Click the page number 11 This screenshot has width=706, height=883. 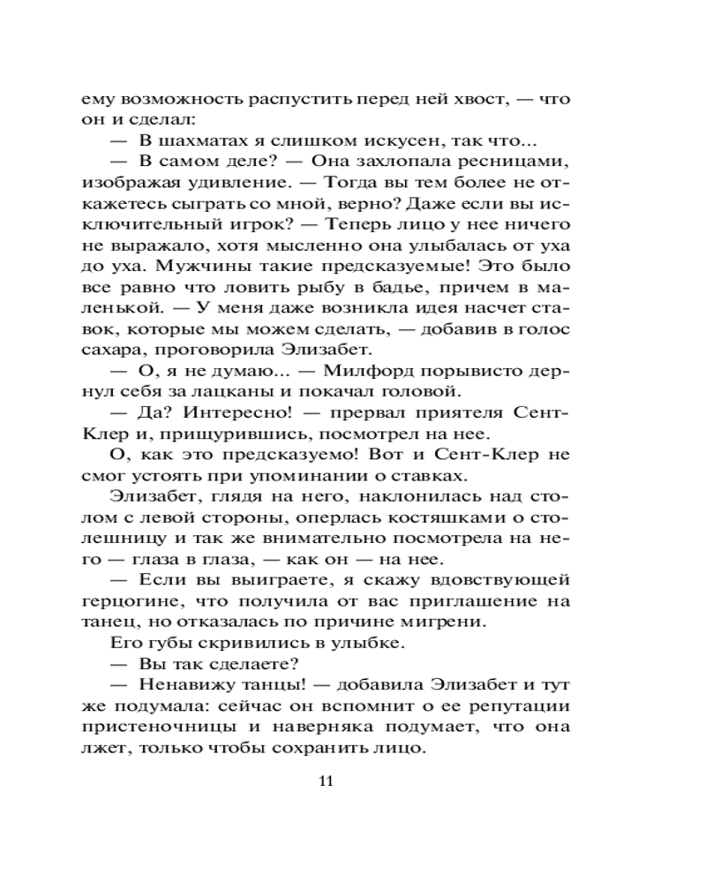[327, 781]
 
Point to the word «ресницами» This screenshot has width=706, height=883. [523, 162]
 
